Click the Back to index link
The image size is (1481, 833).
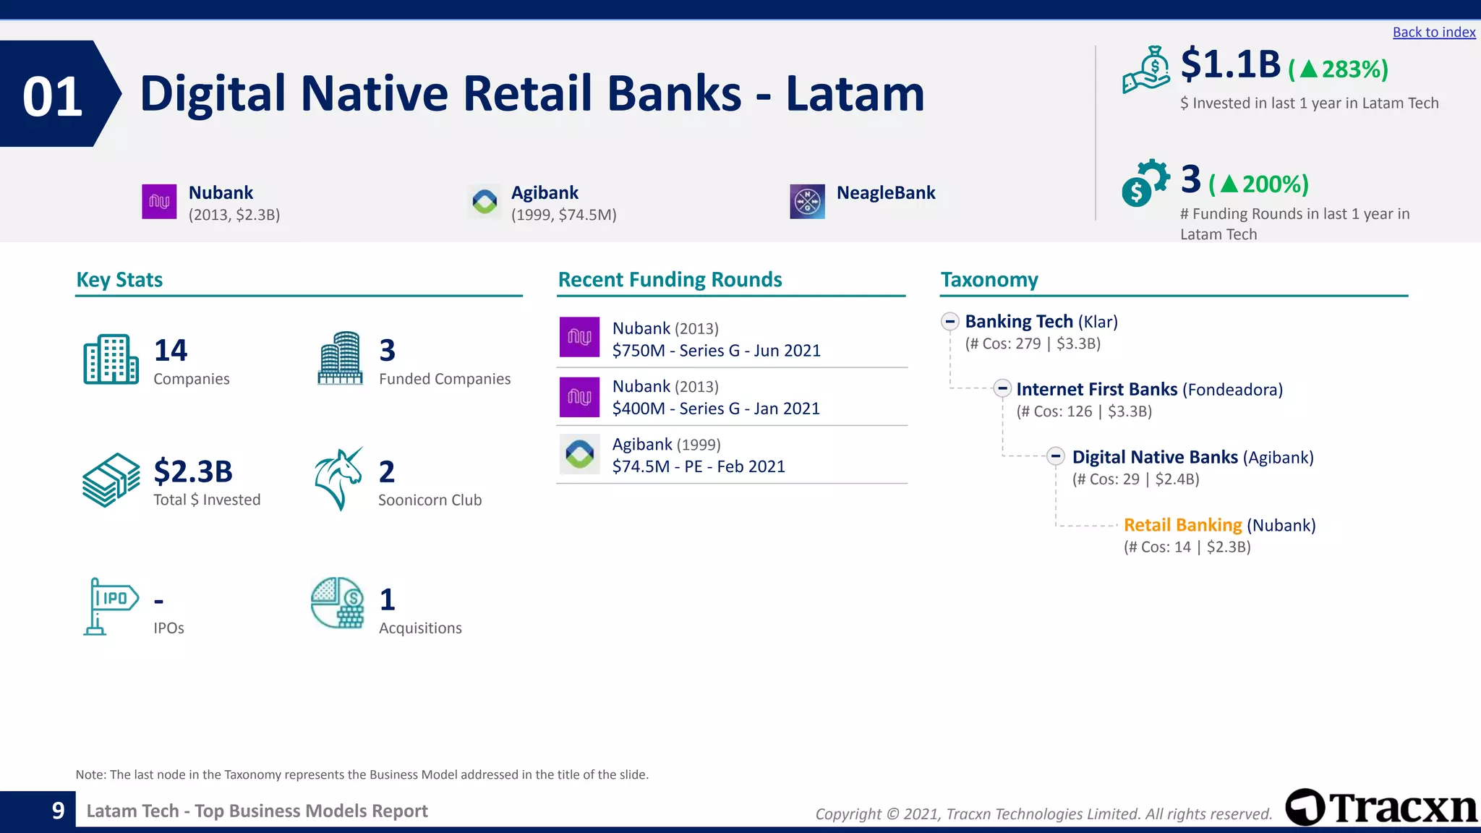tap(1433, 33)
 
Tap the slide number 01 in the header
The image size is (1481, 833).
tap(52, 96)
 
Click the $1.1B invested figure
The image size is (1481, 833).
tap(1230, 65)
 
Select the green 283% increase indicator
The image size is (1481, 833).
tap(1339, 69)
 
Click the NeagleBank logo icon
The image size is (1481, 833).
tap(807, 201)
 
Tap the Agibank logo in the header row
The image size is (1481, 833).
tap(485, 201)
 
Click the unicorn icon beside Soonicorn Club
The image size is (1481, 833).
tap(338, 479)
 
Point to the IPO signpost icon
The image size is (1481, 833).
tap(109, 606)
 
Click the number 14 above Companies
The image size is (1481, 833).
tap(171, 351)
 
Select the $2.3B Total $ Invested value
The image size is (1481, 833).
tap(193, 471)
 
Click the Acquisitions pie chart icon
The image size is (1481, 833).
tap(337, 602)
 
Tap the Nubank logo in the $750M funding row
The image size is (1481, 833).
tap(579, 337)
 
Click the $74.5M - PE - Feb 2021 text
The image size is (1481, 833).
tap(699, 467)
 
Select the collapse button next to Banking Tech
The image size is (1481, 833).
tap(950, 322)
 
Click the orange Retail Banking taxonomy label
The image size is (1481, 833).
tap(1182, 525)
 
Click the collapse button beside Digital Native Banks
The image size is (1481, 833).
tap(1056, 456)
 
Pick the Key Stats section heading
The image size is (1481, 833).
tap(119, 280)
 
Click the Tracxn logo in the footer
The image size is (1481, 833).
tap(1380, 808)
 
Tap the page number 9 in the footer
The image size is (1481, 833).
tap(59, 811)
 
